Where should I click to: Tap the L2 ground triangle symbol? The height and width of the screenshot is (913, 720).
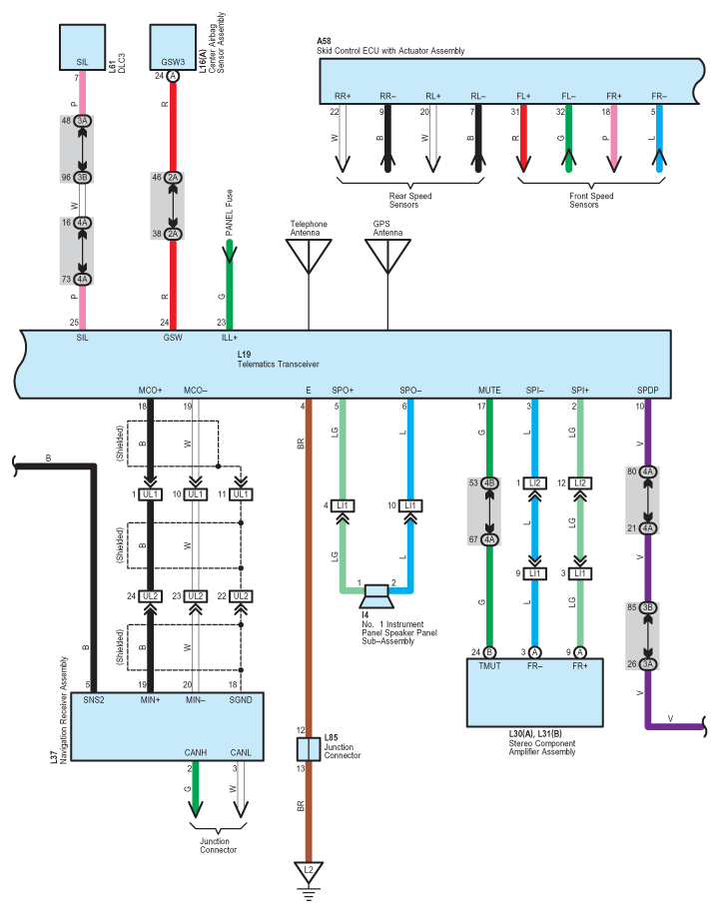coord(309,872)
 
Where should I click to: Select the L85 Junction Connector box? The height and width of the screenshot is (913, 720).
coord(309,749)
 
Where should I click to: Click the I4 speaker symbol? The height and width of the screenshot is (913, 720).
coord(376,596)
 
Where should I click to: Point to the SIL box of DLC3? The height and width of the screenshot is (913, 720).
coord(83,47)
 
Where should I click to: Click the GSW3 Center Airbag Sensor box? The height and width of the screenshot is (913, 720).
coord(173,47)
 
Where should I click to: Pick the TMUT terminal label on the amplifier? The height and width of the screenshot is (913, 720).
coord(489,665)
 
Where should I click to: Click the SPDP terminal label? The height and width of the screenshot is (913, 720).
coord(648,391)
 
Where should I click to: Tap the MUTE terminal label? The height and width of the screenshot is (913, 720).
coord(489,391)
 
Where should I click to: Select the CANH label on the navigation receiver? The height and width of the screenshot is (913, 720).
coord(196,752)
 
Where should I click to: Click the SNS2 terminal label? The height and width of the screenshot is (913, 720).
coord(94,700)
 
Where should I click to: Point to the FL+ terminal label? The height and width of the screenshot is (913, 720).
coord(524,96)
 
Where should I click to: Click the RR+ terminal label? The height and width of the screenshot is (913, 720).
coord(343,96)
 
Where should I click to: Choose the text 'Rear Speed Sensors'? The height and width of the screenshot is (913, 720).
coord(410,201)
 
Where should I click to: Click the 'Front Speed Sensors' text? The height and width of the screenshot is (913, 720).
coord(591,201)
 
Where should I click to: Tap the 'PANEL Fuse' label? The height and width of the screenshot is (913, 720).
coord(230,213)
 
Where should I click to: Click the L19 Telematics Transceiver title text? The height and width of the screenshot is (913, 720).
coord(279,360)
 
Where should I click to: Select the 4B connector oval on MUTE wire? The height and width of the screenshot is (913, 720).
coord(489,483)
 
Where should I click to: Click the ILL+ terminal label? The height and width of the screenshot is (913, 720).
coord(230,338)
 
